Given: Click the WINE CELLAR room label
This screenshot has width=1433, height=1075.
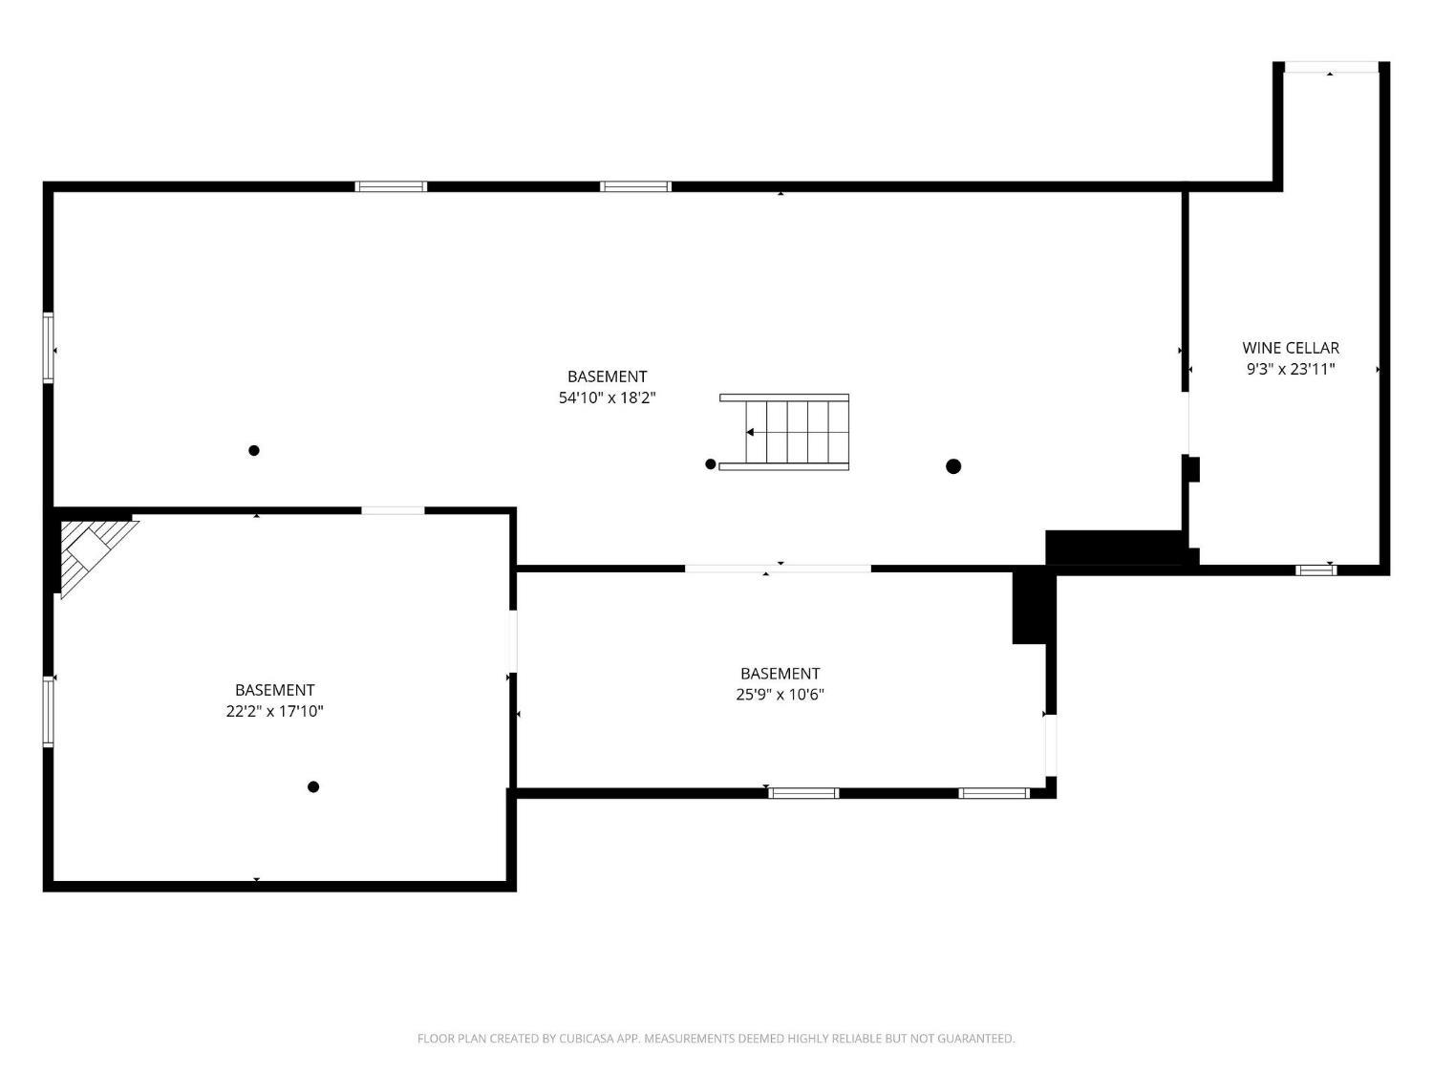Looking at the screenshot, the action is tap(1290, 348).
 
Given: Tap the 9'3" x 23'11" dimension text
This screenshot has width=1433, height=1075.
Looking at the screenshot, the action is tap(1290, 370).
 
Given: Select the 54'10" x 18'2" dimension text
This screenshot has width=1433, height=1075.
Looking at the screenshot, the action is tap(607, 398).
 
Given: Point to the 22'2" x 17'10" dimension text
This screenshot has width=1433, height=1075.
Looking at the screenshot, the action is tap(274, 711).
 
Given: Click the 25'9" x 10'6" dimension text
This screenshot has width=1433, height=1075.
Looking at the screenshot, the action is tap(780, 694).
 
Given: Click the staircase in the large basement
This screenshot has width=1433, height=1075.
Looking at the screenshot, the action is tap(783, 432).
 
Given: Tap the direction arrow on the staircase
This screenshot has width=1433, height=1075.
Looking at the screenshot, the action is tap(750, 432).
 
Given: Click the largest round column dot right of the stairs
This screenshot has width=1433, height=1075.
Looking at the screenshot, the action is tap(952, 466).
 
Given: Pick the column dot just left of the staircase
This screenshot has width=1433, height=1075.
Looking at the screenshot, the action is tap(711, 464).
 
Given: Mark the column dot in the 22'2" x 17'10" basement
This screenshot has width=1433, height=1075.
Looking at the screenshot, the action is tap(312, 786).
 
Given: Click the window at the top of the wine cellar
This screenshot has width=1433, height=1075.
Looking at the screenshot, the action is tap(1331, 67).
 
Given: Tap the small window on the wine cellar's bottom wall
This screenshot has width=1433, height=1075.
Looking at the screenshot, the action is tap(1315, 570).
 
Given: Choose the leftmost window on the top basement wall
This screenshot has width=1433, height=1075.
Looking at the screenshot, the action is tap(391, 186).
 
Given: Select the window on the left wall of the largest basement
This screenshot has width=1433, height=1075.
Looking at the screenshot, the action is tap(49, 347).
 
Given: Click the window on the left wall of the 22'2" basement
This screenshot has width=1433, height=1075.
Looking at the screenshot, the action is tap(49, 711).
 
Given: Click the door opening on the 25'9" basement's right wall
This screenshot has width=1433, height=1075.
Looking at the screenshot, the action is tap(1051, 745).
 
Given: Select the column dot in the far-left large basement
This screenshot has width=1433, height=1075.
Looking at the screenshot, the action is tap(254, 450).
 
